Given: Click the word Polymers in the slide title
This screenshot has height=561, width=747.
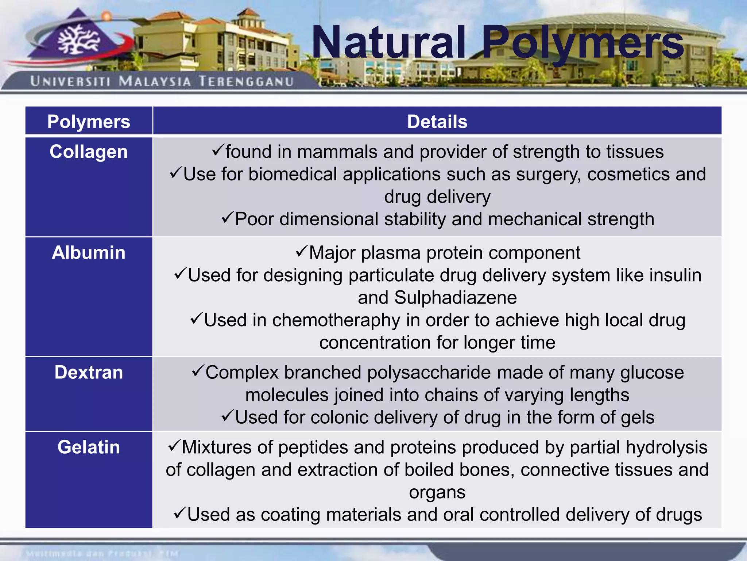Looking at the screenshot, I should click(x=582, y=43).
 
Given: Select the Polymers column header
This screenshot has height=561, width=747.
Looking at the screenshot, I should click(x=89, y=122).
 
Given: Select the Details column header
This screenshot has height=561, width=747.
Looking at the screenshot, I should click(x=437, y=122).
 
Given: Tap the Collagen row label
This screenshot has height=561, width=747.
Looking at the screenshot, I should click(x=89, y=152).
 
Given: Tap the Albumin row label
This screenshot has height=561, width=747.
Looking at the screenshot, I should click(x=89, y=253).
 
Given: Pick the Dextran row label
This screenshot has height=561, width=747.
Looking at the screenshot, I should click(x=89, y=373).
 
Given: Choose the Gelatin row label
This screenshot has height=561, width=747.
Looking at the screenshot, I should click(x=89, y=447).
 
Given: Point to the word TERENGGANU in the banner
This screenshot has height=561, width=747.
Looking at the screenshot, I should click(x=247, y=81).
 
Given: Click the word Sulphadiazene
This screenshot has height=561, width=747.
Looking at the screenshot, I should click(x=456, y=298).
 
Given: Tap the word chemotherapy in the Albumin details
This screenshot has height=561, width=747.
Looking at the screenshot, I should click(x=336, y=320).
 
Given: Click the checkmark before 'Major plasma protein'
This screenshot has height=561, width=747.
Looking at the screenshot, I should click(x=302, y=251).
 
